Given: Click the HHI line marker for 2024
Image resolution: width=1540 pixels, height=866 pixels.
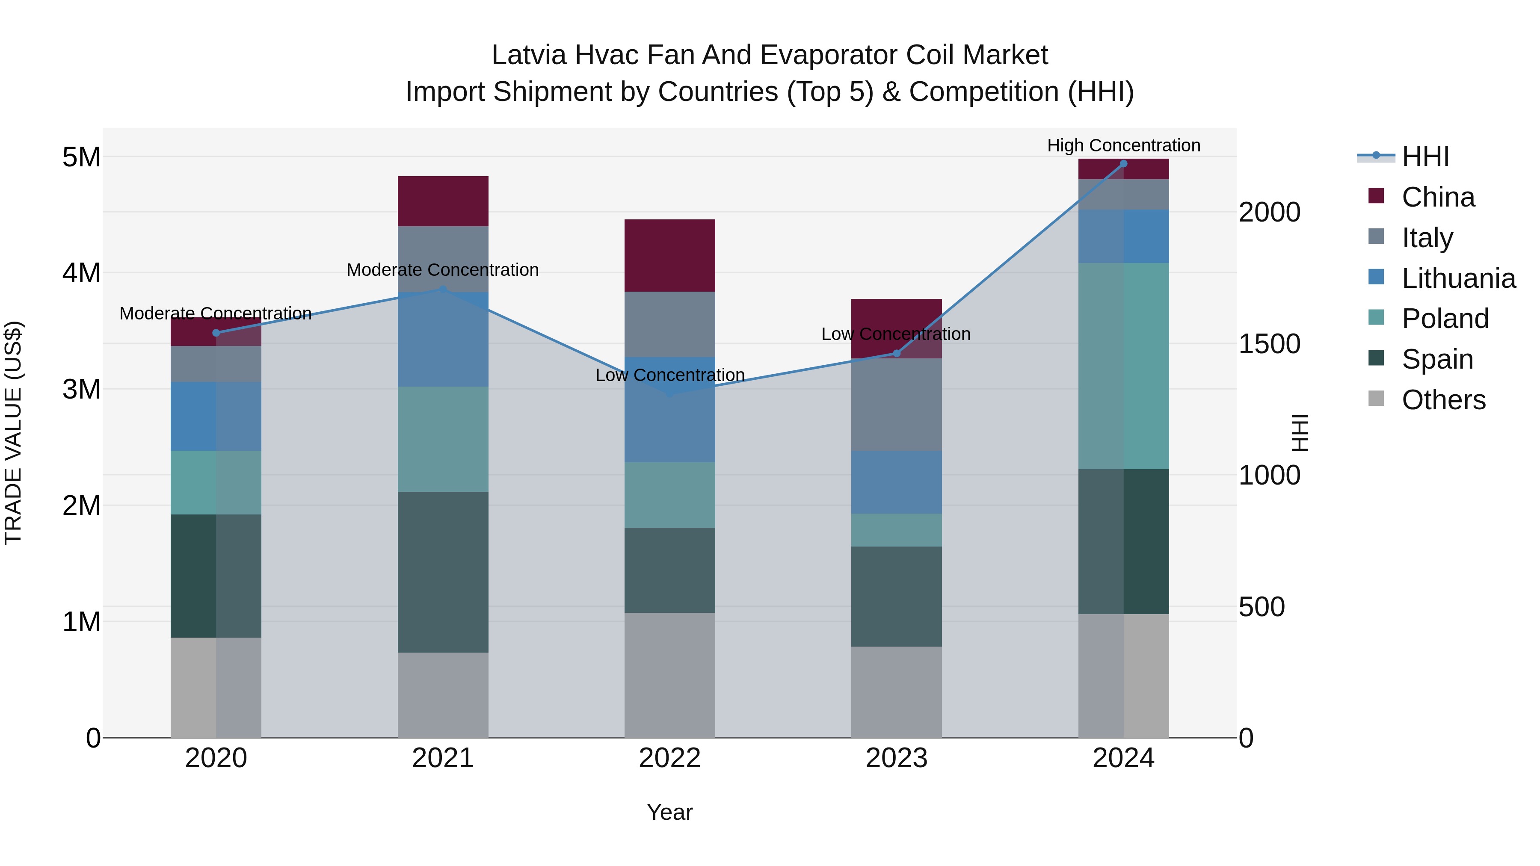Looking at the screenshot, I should [x=1123, y=164].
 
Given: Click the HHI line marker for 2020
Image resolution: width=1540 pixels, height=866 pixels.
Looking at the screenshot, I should [x=216, y=333].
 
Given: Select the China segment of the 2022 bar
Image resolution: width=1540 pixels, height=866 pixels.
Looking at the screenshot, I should [x=669, y=256].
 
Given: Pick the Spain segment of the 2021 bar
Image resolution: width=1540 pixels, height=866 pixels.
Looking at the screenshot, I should [x=443, y=572].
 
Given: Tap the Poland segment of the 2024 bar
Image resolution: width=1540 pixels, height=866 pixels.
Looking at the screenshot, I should [x=1123, y=366].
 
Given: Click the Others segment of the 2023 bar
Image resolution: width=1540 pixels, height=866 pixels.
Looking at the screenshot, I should [x=896, y=692].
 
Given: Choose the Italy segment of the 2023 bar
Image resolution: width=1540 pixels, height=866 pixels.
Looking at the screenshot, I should [x=896, y=405].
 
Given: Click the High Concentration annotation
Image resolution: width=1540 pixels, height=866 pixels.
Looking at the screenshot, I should [x=1123, y=145].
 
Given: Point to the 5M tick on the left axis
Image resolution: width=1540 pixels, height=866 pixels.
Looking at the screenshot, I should [x=81, y=157].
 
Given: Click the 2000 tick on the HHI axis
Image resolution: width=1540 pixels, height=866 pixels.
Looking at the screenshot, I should [x=1269, y=212].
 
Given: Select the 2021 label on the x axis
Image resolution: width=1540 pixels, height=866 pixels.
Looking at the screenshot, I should [x=443, y=758].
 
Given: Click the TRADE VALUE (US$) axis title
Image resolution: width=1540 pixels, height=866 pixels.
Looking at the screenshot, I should [x=13, y=433].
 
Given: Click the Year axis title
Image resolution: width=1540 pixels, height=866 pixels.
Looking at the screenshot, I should [x=669, y=812].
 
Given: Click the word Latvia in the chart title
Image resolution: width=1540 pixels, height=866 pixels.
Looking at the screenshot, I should [x=528, y=55].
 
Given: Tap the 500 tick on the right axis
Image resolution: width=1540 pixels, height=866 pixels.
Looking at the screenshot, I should [x=1262, y=606].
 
